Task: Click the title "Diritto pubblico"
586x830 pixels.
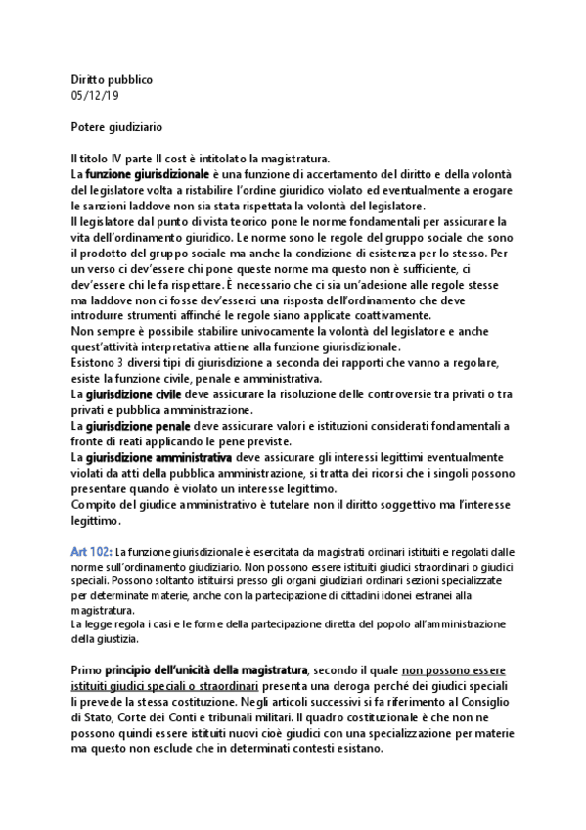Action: click(x=112, y=79)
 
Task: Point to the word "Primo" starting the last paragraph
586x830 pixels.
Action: click(x=86, y=670)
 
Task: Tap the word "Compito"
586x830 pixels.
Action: click(x=95, y=504)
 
